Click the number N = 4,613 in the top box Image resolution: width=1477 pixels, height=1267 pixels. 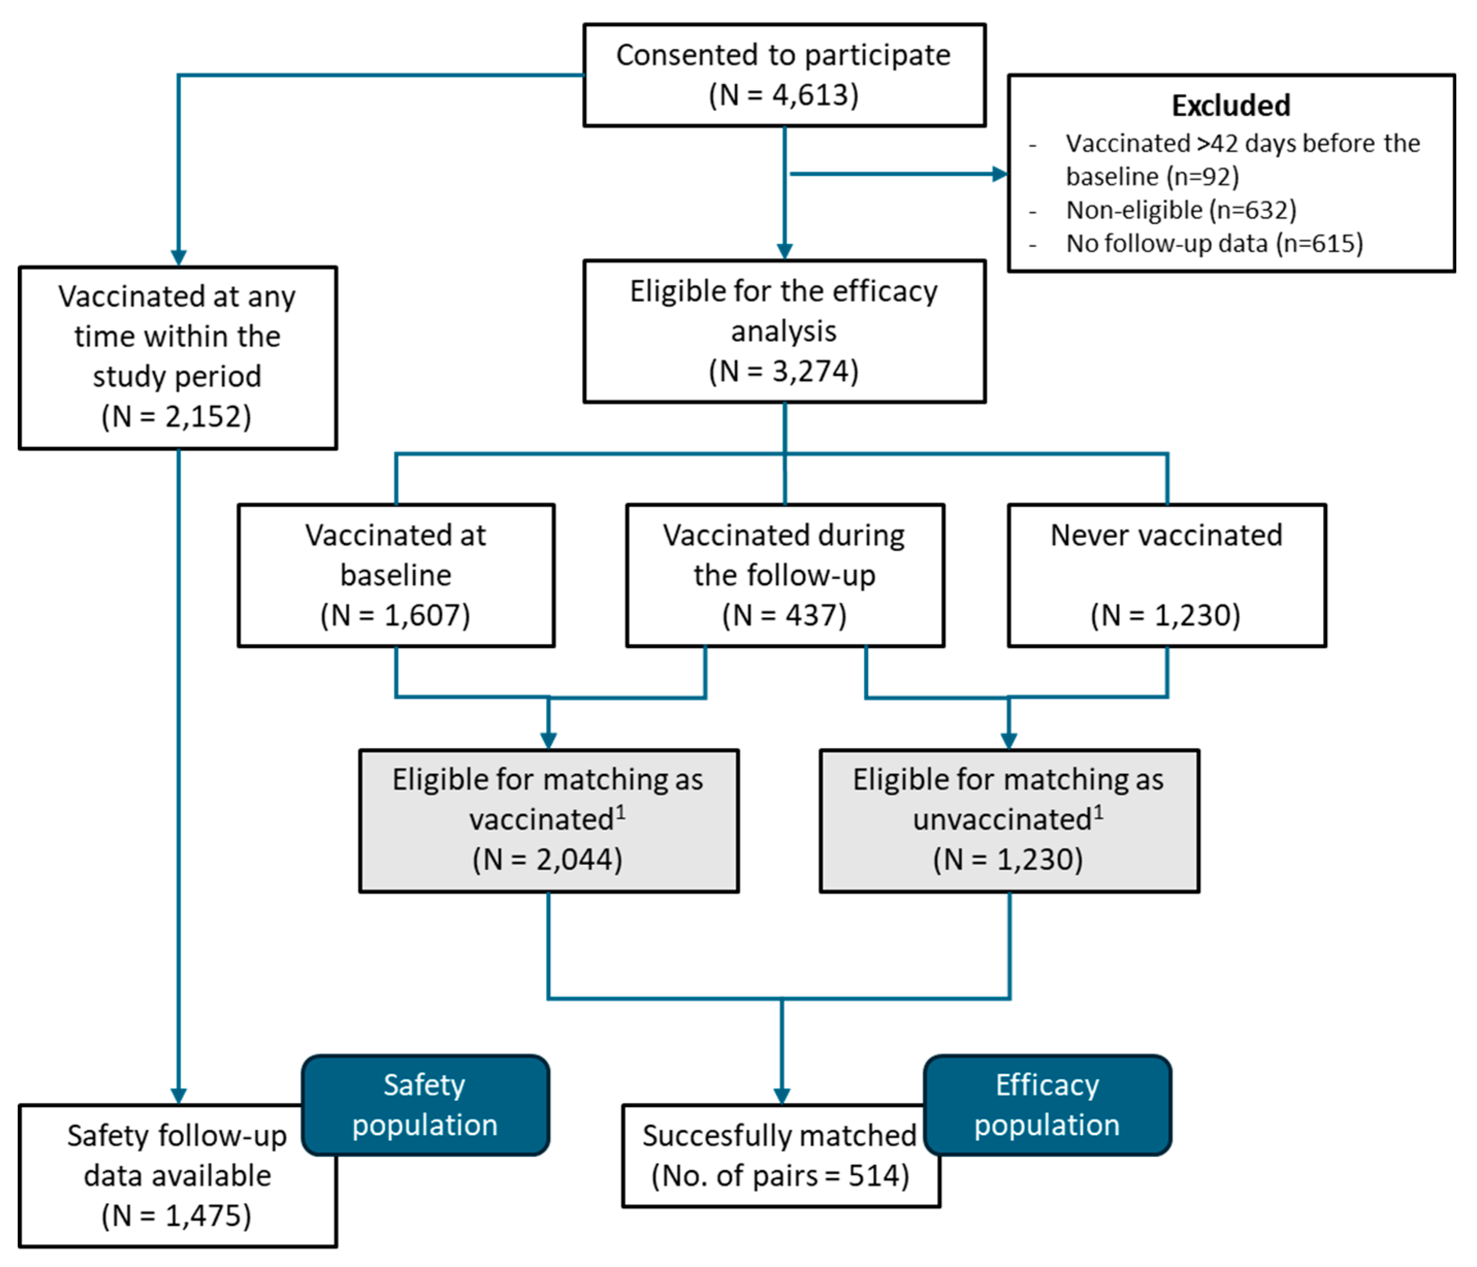coord(784,95)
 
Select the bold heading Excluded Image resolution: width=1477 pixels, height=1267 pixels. coord(1230,106)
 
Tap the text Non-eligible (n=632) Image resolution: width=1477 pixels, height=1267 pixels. coord(1180,210)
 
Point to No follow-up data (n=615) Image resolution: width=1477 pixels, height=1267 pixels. coord(1214,244)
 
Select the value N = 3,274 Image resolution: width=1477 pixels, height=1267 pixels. coord(784,371)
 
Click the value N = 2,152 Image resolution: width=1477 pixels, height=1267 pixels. coord(177,417)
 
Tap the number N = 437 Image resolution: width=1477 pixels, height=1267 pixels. coord(784,615)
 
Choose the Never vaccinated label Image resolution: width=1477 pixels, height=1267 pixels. coord(1166,535)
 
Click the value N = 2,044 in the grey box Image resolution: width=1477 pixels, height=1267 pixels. coord(547,860)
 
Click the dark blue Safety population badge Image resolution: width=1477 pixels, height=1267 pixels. coord(426,1105)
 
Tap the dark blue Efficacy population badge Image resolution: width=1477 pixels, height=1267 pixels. coord(1047,1105)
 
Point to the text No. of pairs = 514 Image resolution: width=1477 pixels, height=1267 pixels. coord(781,1176)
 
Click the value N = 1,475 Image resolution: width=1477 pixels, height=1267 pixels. coord(177,1216)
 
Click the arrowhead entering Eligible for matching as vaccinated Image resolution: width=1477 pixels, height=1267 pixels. coord(548,741)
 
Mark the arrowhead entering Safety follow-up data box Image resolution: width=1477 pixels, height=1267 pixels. coord(178,1096)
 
